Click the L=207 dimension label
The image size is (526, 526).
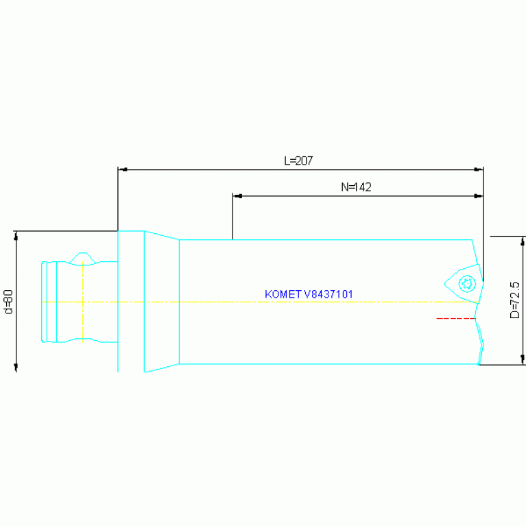tap(298, 160)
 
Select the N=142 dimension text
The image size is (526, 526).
tap(356, 187)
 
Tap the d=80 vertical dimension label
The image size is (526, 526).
tap(8, 302)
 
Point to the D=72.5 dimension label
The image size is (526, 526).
tap(514, 300)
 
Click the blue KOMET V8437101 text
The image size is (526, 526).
tap(309, 294)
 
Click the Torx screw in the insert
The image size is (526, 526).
tap(467, 284)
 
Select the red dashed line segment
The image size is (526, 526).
tap(456, 318)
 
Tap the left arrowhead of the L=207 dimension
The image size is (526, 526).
tap(123, 169)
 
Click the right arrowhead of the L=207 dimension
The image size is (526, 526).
tap(479, 169)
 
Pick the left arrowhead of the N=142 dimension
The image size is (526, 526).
tap(238, 196)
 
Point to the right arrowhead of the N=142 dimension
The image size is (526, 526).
tap(479, 196)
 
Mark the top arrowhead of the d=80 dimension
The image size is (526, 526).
tap(16, 236)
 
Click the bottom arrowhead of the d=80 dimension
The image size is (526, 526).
tap(16, 367)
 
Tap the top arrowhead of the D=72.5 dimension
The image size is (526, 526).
tap(523, 241)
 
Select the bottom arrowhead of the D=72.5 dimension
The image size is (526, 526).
tap(523, 359)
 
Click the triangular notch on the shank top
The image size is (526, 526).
tap(82, 259)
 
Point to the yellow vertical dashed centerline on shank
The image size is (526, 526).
tap(83, 302)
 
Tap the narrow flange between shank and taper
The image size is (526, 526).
tap(131, 301)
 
